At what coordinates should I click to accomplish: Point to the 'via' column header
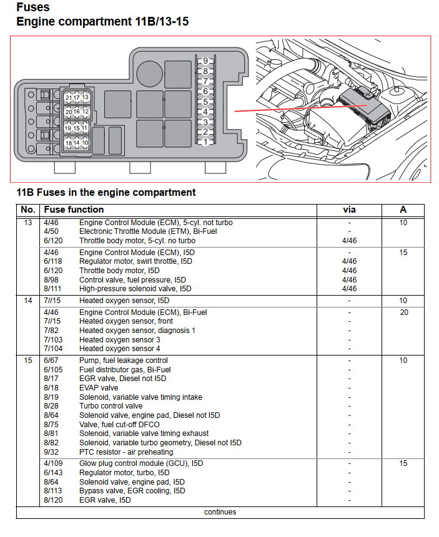pyautogui.click(x=350, y=210)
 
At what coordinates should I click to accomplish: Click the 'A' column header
pyautogui.click(x=403, y=210)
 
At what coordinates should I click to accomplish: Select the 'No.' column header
pyautogui.click(x=28, y=210)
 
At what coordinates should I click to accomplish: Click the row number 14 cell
pyautogui.click(x=28, y=301)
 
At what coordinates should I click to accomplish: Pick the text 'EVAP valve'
pyautogui.click(x=99, y=387)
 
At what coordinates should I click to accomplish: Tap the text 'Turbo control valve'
pyautogui.click(x=111, y=406)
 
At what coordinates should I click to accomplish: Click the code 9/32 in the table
pyautogui.click(x=51, y=452)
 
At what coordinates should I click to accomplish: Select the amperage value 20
pyautogui.click(x=403, y=312)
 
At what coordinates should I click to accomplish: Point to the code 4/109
pyautogui.click(x=54, y=463)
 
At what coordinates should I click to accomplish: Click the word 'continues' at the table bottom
pyautogui.click(x=220, y=512)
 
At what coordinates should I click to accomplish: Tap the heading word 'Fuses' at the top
pyautogui.click(x=33, y=8)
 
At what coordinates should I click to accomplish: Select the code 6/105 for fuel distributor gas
pyautogui.click(x=54, y=369)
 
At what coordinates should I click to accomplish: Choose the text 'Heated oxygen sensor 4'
pyautogui.click(x=121, y=349)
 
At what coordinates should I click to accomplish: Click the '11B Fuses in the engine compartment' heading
pyautogui.click(x=106, y=192)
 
